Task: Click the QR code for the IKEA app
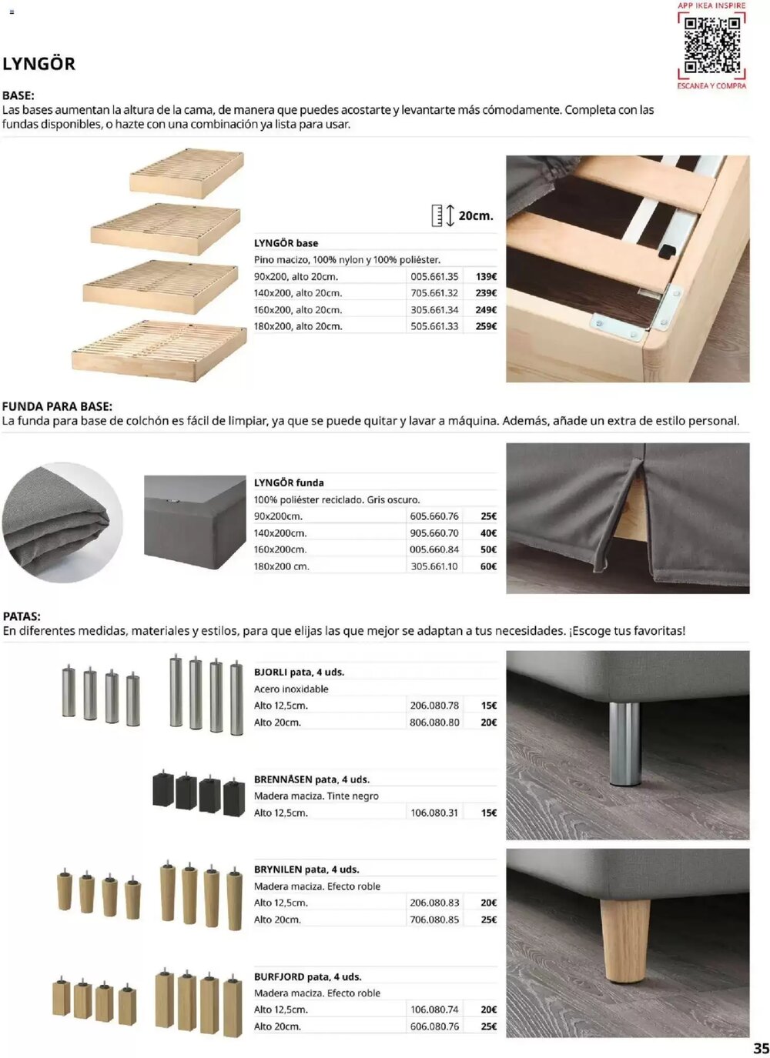tap(712, 45)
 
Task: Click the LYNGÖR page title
tap(39, 64)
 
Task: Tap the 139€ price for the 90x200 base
tap(486, 277)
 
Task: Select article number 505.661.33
tap(434, 326)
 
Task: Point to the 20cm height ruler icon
tap(442, 215)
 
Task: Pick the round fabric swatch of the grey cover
tap(62, 522)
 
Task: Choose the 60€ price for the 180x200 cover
tap(488, 566)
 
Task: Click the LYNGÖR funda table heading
tap(289, 482)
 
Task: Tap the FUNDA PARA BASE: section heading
tap(57, 406)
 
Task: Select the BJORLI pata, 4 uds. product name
tap(299, 672)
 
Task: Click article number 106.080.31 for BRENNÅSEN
tap(434, 813)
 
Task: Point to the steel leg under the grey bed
tap(624, 743)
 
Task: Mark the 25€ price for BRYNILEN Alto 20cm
tap(488, 919)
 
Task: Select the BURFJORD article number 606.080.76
tap(434, 1026)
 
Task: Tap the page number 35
tap(760, 1048)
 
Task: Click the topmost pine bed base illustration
tap(186, 172)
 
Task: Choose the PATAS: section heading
tap(22, 616)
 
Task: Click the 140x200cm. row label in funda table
tap(280, 533)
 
